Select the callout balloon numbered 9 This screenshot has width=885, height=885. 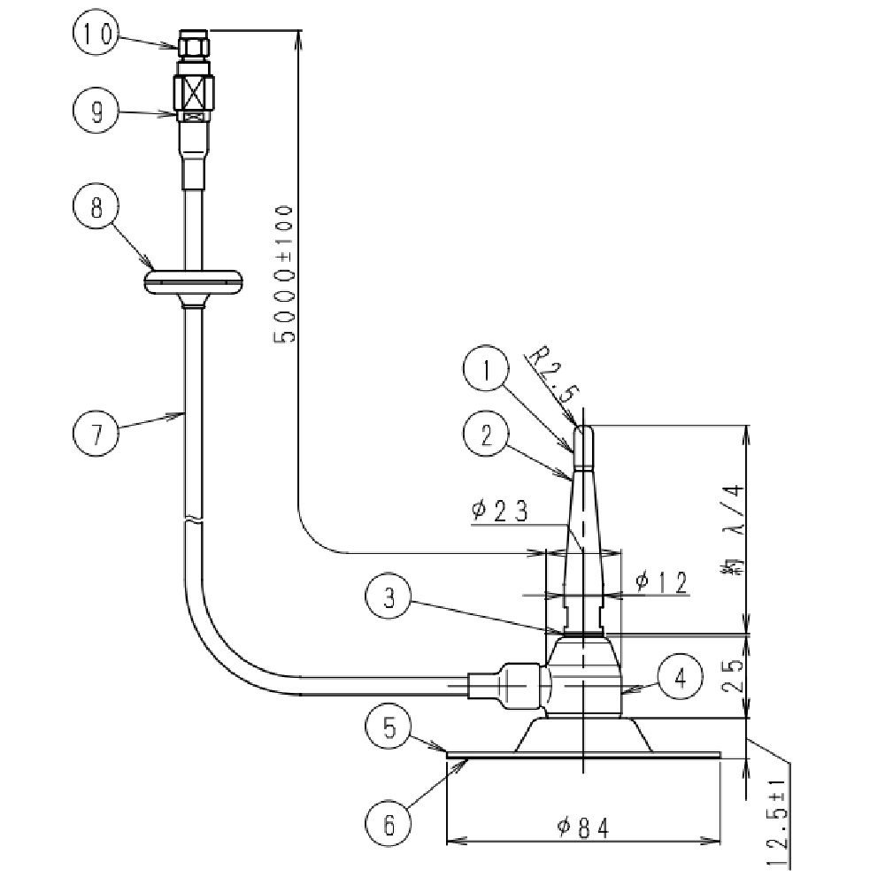95,112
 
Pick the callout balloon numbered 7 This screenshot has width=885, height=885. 95,434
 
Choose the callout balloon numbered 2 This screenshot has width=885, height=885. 485,435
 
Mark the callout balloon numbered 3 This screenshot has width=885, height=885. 389,599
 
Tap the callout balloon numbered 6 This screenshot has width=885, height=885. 389,826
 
